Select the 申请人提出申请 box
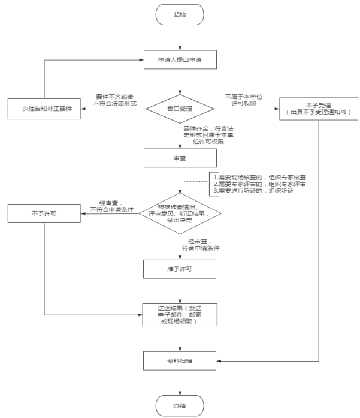coord(180,61)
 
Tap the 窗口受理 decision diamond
coord(180,109)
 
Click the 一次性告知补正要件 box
coord(44,109)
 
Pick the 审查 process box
coord(180,157)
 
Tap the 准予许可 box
coord(180,269)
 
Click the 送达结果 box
coord(180,314)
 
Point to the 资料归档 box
coord(180,360)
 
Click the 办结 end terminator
coord(180,405)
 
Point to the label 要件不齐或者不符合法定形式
coord(116,100)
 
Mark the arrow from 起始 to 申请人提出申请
coord(180,38)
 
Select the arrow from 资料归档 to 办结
coord(180,383)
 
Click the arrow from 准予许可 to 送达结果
coord(180,291)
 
